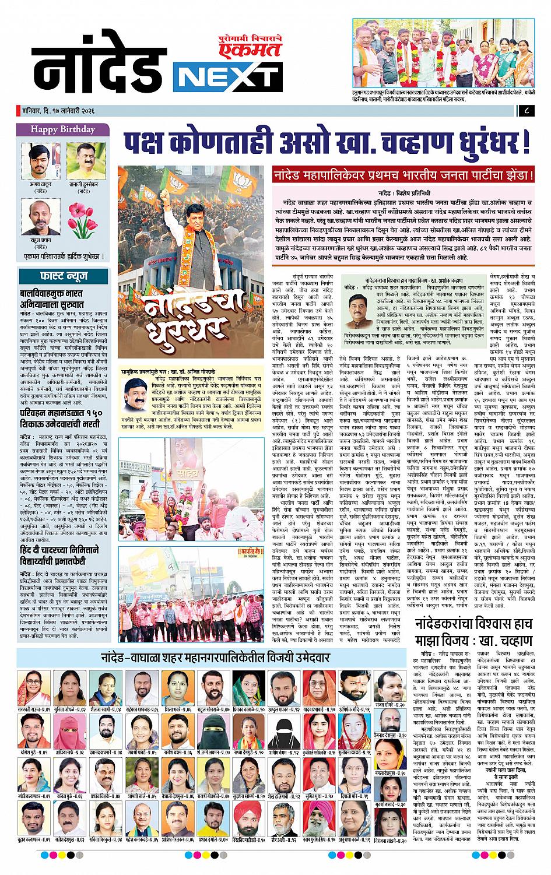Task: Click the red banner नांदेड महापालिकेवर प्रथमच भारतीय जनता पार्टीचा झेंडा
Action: click(404, 173)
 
